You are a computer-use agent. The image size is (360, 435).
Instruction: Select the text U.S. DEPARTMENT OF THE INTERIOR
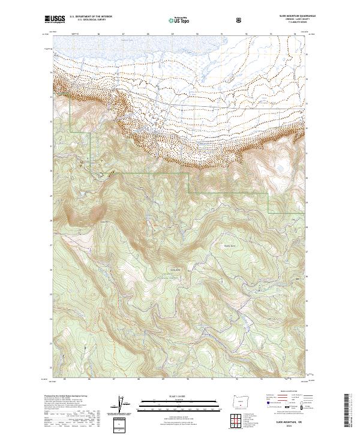coord(91,17)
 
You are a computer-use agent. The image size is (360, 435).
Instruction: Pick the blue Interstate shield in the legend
coord(262,407)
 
